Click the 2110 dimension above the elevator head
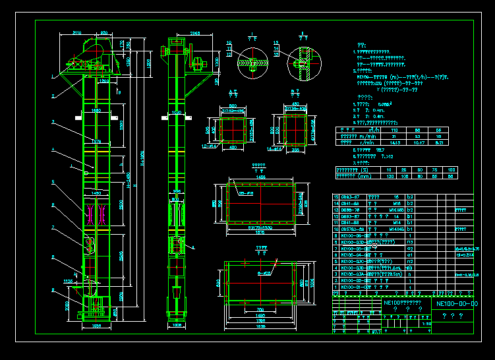pyautogui.click(x=77, y=32)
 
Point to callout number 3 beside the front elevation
pyautogui.click(x=52, y=123)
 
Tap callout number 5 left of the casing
pyautogui.click(x=52, y=181)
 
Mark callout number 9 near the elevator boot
pyautogui.click(x=52, y=289)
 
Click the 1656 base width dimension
pyautogui.click(x=96, y=326)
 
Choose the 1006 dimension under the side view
pyautogui.click(x=177, y=326)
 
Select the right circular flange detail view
pyautogui.click(x=301, y=65)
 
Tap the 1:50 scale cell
pyautogui.click(x=427, y=323)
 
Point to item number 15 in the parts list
pyautogui.click(x=335, y=197)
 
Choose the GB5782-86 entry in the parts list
pyautogui.click(x=350, y=228)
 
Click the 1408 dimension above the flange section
pyautogui.click(x=253, y=177)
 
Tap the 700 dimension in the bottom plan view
pyautogui.click(x=261, y=309)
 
